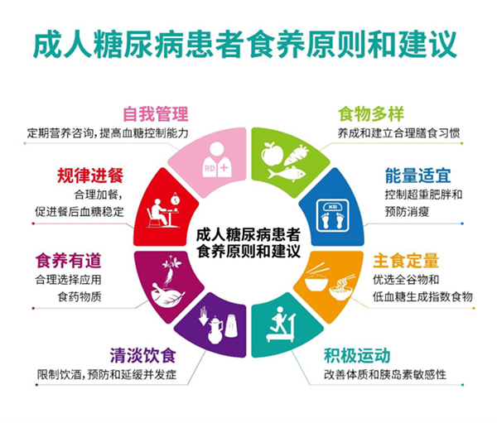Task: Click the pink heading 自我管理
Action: coord(156,114)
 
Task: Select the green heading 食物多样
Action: coord(371,113)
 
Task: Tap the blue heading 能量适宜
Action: coord(417,175)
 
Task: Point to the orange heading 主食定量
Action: coord(406,261)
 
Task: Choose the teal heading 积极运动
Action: coord(357,355)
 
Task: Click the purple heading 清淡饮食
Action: coord(143,355)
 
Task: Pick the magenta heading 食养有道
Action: coord(68,261)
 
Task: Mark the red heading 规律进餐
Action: coord(90,175)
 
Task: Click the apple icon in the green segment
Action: coord(272,154)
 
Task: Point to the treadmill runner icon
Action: coord(281,324)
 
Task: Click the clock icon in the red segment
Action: coord(175,199)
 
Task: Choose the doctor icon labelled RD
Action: coord(216,160)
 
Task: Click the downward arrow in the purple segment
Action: coord(203,316)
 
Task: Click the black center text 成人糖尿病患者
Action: coord(248,235)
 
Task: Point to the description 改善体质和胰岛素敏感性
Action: coord(385,374)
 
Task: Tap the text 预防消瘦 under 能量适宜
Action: coord(407,211)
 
